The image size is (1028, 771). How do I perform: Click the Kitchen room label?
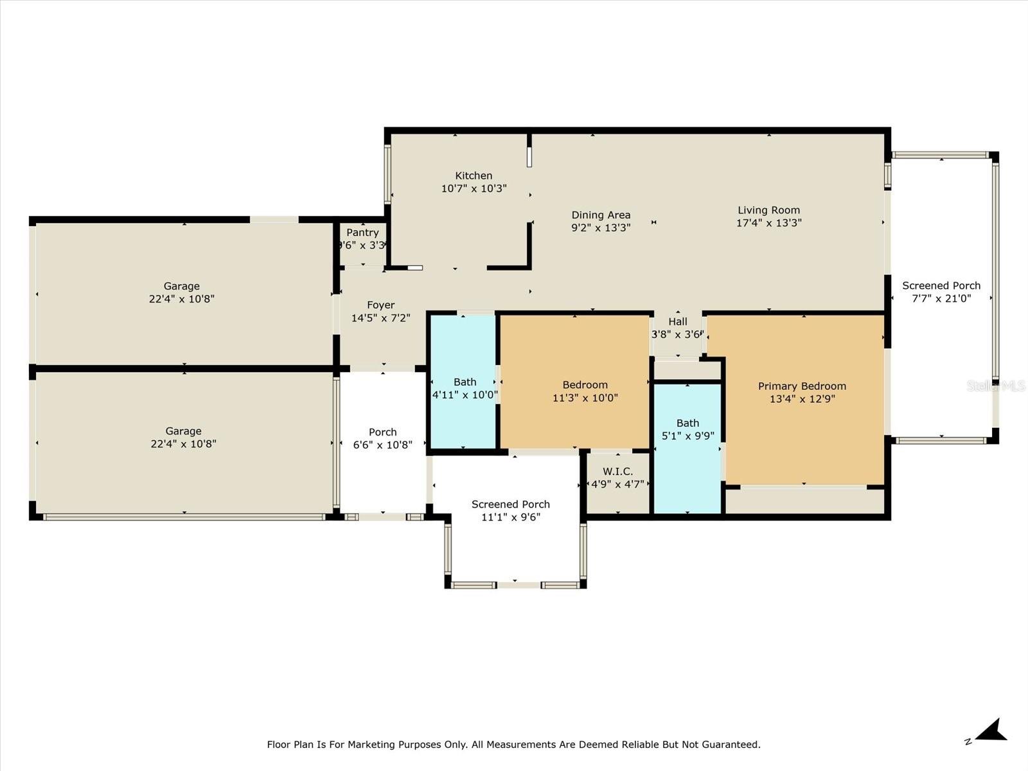474,176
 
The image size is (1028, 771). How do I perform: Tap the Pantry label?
362,233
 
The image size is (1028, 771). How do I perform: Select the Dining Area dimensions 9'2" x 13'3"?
601,227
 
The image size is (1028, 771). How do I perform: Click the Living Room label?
768,210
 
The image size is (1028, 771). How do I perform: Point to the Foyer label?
381,305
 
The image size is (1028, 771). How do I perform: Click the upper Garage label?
181,287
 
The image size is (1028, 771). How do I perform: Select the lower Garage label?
183,431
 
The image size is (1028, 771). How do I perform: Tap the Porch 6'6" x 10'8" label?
382,438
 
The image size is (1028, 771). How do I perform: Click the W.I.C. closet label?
617,472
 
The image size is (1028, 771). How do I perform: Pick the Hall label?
677,322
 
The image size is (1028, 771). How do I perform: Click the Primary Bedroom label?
802,386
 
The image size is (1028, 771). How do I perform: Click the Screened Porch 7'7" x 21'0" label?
941,292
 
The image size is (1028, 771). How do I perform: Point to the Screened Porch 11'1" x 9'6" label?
511,511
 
